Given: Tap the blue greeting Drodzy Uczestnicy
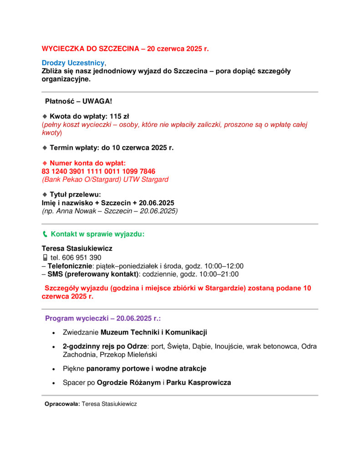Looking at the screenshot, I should pos(73,63).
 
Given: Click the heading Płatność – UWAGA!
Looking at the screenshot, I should pos(78,101).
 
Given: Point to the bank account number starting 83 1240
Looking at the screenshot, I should pos(98,171).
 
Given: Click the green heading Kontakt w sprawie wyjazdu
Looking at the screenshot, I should pos(97,234).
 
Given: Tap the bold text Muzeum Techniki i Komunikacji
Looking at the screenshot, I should pos(154,332).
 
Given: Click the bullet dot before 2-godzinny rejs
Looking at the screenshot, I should pos(54,347).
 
